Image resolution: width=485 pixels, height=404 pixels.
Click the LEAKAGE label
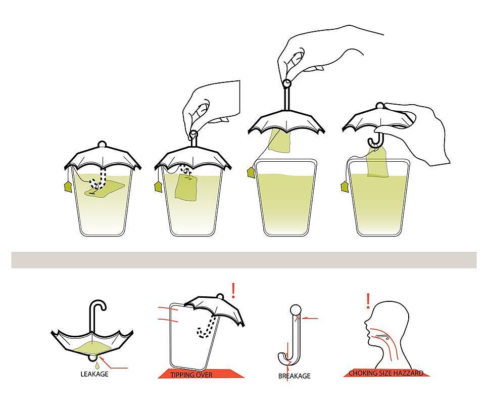pyautogui.click(x=94, y=374)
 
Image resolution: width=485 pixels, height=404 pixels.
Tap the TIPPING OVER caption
pyautogui.click(x=191, y=375)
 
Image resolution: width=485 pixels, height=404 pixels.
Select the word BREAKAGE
pyautogui.click(x=294, y=376)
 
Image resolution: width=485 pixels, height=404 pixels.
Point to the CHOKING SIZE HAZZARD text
pyautogui.click(x=386, y=373)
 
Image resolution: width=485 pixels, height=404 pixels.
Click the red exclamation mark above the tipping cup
pyautogui.click(x=233, y=290)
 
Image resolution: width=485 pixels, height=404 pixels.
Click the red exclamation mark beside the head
pyautogui.click(x=368, y=301)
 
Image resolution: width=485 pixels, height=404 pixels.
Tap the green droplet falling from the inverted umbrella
pyautogui.click(x=98, y=366)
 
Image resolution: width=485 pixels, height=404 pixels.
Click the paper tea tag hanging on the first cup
pyautogui.click(x=68, y=187)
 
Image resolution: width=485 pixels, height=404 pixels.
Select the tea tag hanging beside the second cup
pyautogui.click(x=158, y=187)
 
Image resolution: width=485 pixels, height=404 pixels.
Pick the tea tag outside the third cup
pyautogui.click(x=251, y=172)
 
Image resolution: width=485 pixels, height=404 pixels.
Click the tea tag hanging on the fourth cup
pyautogui.click(x=345, y=187)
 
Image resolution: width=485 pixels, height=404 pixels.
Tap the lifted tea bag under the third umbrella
pyautogui.click(x=279, y=141)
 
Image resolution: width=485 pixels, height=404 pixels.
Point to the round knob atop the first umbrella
pyautogui.click(x=102, y=145)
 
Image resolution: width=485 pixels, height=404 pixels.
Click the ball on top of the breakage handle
pyautogui.click(x=296, y=309)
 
